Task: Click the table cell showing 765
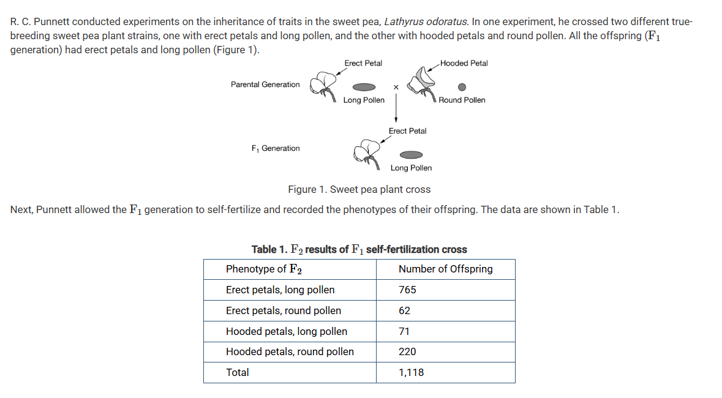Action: coord(445,290)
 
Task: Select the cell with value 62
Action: coord(445,310)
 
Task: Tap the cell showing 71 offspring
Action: coord(445,331)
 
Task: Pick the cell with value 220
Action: coord(445,352)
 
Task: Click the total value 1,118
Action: coord(445,372)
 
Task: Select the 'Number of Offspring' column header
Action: coord(445,269)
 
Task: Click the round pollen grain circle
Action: coord(462,87)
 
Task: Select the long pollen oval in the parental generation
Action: coord(364,87)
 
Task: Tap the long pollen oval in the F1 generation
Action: coord(411,155)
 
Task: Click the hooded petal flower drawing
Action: coord(422,83)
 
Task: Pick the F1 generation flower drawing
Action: coord(367,154)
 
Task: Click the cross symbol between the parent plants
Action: coord(396,87)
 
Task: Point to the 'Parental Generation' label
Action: coord(265,84)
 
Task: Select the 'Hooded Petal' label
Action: coord(464,63)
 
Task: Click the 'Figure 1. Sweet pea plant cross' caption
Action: coord(359,189)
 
